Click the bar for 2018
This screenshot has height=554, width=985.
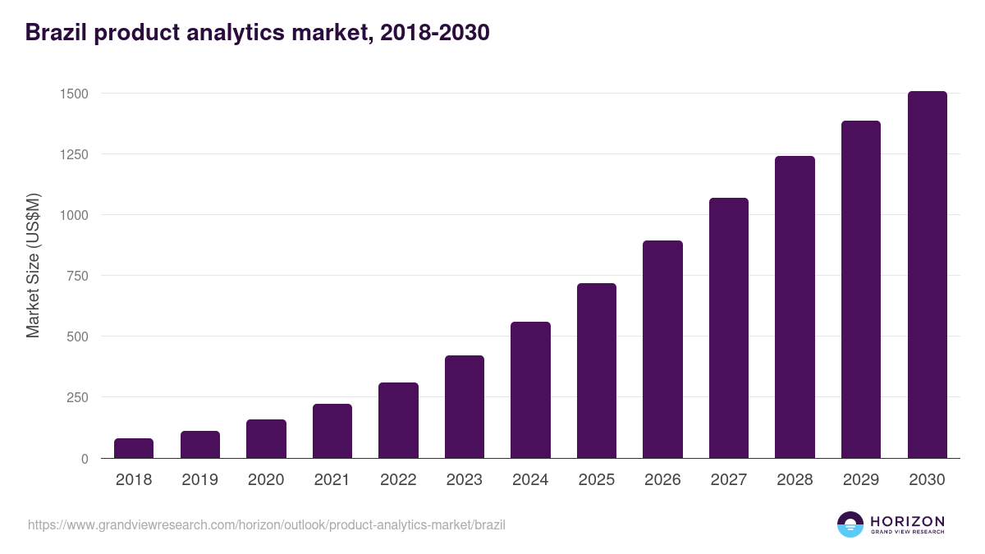(134, 448)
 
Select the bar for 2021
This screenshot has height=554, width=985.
(332, 431)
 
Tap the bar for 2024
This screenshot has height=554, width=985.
(530, 390)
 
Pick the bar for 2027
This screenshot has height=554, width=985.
(729, 328)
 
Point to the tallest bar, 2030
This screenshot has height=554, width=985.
(927, 275)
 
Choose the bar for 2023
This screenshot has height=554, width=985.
(465, 407)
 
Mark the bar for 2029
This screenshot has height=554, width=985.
(861, 290)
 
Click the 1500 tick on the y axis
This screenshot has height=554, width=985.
(74, 94)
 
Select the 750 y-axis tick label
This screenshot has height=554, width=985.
(77, 276)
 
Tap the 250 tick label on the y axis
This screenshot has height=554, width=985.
(77, 397)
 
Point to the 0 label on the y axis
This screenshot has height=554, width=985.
(85, 459)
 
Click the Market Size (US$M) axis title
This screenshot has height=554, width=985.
(33, 265)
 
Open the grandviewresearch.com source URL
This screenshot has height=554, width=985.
(267, 524)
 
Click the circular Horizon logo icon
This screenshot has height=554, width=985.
(850, 524)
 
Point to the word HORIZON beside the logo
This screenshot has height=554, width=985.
(907, 521)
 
